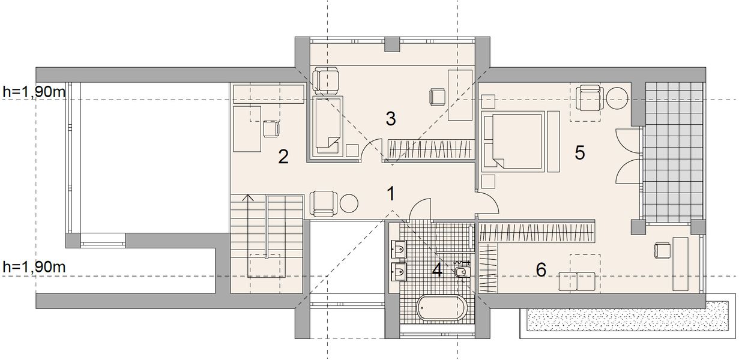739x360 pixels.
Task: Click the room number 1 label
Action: [x=391, y=194]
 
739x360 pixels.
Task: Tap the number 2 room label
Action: [x=283, y=157]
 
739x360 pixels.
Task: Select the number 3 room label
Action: [x=391, y=119]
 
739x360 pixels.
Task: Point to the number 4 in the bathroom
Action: [x=437, y=271]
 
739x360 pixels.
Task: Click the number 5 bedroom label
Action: [x=580, y=152]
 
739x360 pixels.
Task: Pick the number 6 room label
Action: [x=541, y=271]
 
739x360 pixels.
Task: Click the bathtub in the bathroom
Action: [x=442, y=307]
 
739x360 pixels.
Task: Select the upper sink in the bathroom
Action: [x=399, y=249]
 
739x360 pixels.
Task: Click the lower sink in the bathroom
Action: [x=399, y=272]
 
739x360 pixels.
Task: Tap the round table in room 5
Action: [x=617, y=98]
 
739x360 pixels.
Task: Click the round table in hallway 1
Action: [x=349, y=204]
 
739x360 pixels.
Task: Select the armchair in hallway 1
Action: [x=324, y=204]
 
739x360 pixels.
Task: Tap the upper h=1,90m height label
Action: [x=34, y=92]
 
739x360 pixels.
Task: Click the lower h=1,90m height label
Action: [x=34, y=267]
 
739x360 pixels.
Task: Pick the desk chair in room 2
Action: [x=271, y=129]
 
